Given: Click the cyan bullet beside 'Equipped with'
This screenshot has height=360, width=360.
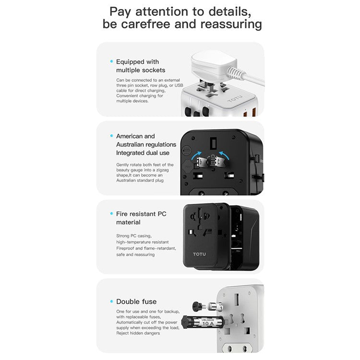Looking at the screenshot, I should point(111,61).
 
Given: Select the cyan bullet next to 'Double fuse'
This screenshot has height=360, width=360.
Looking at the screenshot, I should point(111,301).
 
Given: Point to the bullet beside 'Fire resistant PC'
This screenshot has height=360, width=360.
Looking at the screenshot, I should point(111,214).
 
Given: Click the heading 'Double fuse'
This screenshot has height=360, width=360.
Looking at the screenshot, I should point(136,301).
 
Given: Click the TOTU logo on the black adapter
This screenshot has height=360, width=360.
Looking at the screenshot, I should point(201,253).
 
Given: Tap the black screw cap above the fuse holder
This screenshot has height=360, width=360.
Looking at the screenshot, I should point(196,305).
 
